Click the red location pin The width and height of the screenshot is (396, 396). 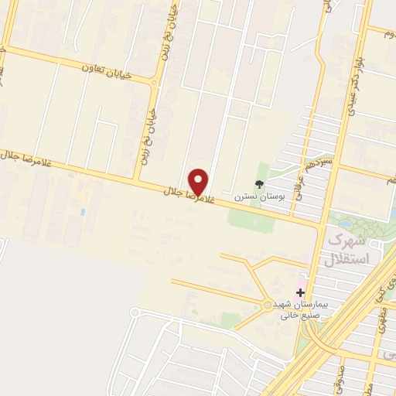pyautogui.click(x=199, y=181)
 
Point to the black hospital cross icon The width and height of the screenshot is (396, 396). pyautogui.click(x=300, y=292)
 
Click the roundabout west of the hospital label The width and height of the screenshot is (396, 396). pyautogui.click(x=268, y=305)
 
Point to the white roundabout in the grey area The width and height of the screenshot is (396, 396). pyautogui.click(x=137, y=313)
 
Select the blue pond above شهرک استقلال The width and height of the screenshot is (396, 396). pyautogui.click(x=345, y=224)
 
